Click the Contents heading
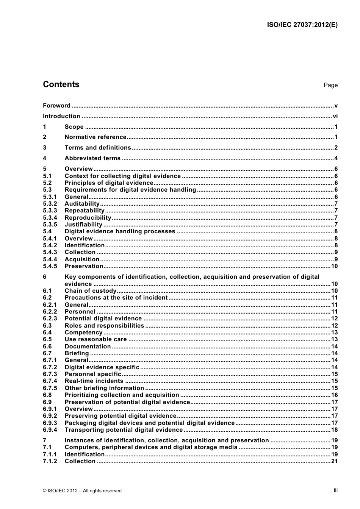click(61, 84)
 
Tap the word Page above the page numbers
click(330, 85)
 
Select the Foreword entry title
click(56, 106)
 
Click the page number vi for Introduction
click(335, 116)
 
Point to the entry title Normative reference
click(95, 137)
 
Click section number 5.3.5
click(50, 225)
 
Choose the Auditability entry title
click(82, 204)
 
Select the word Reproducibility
click(88, 218)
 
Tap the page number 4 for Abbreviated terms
click(336, 158)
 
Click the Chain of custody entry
click(91, 291)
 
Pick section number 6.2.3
click(50, 319)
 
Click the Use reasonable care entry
click(95, 339)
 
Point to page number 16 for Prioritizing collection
click(334, 395)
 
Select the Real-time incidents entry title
click(94, 381)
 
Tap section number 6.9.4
click(50, 430)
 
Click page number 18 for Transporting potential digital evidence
click(334, 430)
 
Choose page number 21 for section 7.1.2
click(334, 461)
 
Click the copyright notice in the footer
click(82, 491)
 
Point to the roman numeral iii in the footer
click(335, 490)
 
